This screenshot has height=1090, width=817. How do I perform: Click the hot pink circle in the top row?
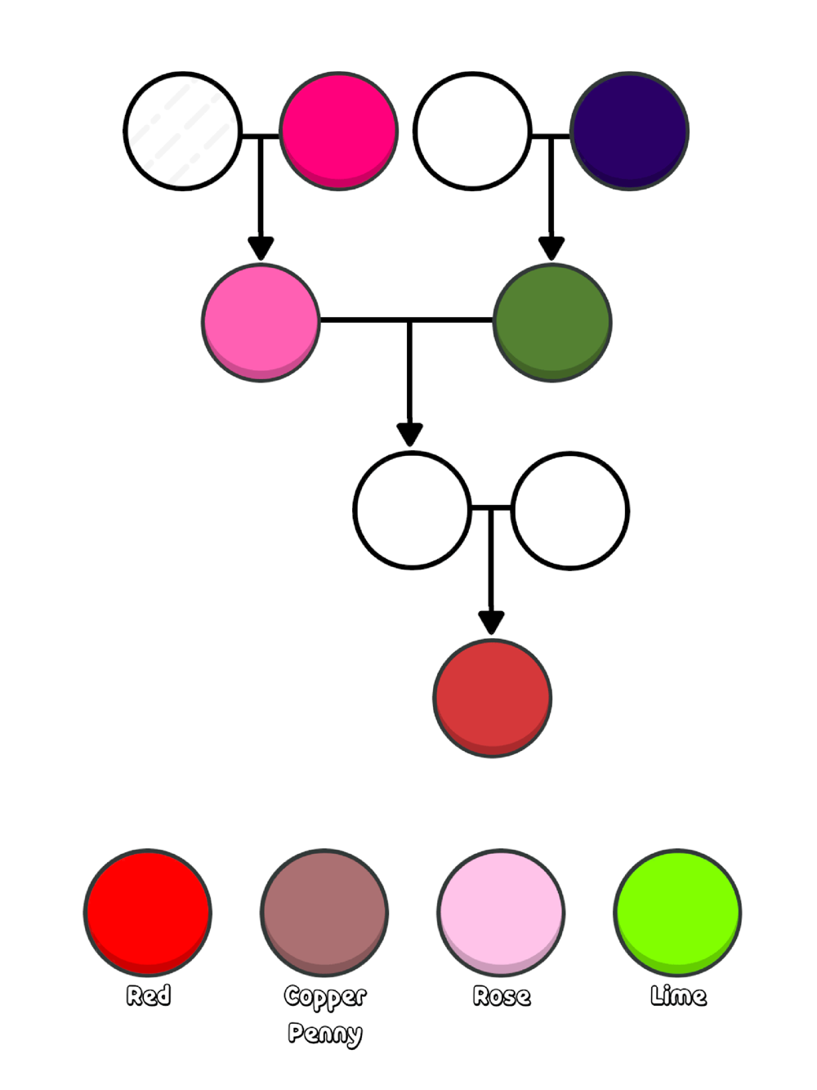[x=339, y=132]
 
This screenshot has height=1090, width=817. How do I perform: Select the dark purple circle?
[x=629, y=132]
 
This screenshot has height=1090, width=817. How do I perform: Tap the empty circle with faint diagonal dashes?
[x=183, y=132]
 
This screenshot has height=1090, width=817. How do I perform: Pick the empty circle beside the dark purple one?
[x=473, y=132]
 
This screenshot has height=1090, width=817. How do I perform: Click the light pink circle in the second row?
[x=261, y=322]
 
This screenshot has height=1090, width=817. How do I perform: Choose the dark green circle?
[x=552, y=322]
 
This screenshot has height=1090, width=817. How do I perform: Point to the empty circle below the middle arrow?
[x=413, y=511]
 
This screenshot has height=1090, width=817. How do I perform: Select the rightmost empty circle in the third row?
[x=570, y=511]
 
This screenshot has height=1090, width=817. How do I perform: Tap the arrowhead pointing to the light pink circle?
[x=261, y=248]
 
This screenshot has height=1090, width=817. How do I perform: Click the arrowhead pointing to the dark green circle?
[x=551, y=248]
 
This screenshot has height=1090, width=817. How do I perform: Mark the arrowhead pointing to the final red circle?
[x=491, y=623]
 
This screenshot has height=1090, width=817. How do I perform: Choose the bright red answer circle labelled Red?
[x=148, y=912]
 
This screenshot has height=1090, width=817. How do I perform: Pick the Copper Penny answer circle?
[x=324, y=912]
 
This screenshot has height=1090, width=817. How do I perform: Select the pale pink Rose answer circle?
[x=501, y=912]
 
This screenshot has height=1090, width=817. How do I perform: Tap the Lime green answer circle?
[x=677, y=912]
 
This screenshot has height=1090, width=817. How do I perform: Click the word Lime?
[x=678, y=996]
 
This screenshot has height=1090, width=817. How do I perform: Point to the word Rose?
[x=502, y=996]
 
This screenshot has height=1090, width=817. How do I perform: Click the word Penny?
[x=324, y=1034]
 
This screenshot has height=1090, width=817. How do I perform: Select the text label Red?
[x=149, y=995]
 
